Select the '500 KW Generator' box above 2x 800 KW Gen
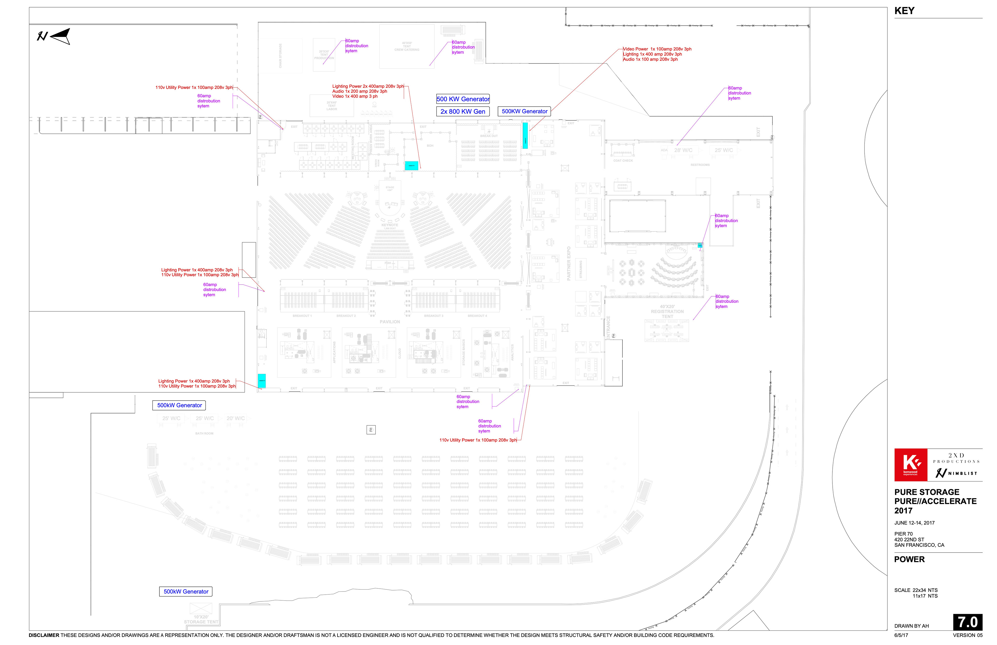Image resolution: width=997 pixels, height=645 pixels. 463,99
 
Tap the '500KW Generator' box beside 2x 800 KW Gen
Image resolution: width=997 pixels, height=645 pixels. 524,111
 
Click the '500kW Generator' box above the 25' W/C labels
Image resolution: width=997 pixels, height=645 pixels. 179,405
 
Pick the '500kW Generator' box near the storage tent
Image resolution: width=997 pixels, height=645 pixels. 186,592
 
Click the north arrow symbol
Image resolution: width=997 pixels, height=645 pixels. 55,36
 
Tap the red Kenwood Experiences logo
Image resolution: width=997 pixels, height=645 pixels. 911,465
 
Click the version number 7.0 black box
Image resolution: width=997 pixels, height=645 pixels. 968,622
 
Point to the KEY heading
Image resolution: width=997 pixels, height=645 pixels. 905,11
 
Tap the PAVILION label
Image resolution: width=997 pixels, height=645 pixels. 389,322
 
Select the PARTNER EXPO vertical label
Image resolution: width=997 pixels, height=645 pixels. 569,264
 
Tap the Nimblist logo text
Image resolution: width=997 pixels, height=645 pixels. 962,473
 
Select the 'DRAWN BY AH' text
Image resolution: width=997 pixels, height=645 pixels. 912,626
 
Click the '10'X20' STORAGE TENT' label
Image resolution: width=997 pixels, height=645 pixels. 201,620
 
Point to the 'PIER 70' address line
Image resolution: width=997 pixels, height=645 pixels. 903,534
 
